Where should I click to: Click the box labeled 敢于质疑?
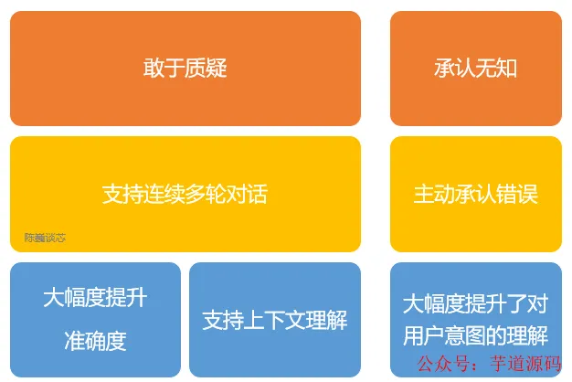185,69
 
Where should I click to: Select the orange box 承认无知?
476,69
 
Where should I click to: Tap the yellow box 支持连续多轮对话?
185,194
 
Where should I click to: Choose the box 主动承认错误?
476,194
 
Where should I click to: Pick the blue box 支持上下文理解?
275,320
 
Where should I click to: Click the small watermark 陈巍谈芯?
45,238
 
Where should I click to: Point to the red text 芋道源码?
525,364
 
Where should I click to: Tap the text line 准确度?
95,341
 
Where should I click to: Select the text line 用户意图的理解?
476,335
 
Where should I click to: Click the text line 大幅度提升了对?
476,304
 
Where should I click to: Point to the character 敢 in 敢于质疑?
154,69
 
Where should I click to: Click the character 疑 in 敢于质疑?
217,69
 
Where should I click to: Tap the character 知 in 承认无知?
507,69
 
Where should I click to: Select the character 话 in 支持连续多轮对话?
257,194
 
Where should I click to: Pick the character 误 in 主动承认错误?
527,194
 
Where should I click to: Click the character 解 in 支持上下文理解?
336,320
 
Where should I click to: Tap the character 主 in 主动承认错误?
424,194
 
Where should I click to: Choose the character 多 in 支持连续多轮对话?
195,194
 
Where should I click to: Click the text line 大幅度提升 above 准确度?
95,298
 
